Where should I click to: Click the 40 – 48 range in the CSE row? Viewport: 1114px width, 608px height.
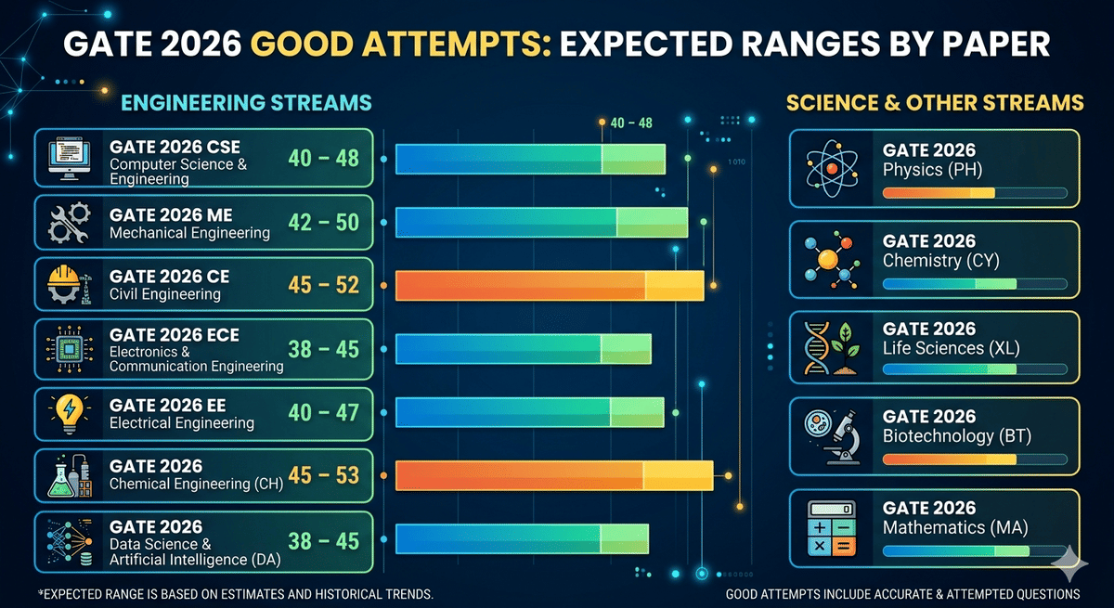323,159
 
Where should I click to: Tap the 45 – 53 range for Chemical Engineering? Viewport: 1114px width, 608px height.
323,476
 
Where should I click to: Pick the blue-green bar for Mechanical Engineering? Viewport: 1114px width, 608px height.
541,223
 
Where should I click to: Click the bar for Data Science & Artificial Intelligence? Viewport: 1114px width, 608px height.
522,540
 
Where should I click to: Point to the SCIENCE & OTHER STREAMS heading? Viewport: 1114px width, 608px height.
934,102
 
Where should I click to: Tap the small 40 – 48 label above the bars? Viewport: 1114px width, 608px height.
631,123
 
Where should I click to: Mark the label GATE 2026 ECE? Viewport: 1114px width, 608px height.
168,335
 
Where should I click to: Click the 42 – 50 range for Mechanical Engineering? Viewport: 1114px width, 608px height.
323,223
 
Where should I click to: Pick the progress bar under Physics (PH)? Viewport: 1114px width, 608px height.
974,193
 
